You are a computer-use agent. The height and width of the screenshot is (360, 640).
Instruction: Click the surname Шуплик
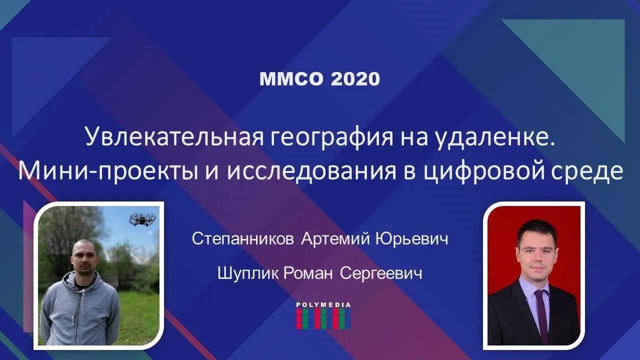pyautogui.click(x=248, y=273)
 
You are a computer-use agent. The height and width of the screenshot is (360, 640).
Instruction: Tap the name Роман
pyautogui.click(x=309, y=273)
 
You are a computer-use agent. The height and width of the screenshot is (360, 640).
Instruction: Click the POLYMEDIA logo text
pyautogui.click(x=323, y=304)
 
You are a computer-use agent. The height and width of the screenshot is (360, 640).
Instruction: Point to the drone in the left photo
pyautogui.click(x=142, y=218)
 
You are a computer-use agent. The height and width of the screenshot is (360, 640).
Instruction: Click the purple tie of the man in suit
pyautogui.click(x=542, y=315)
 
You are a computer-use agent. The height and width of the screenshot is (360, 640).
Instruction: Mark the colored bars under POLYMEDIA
pyautogui.click(x=323, y=318)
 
